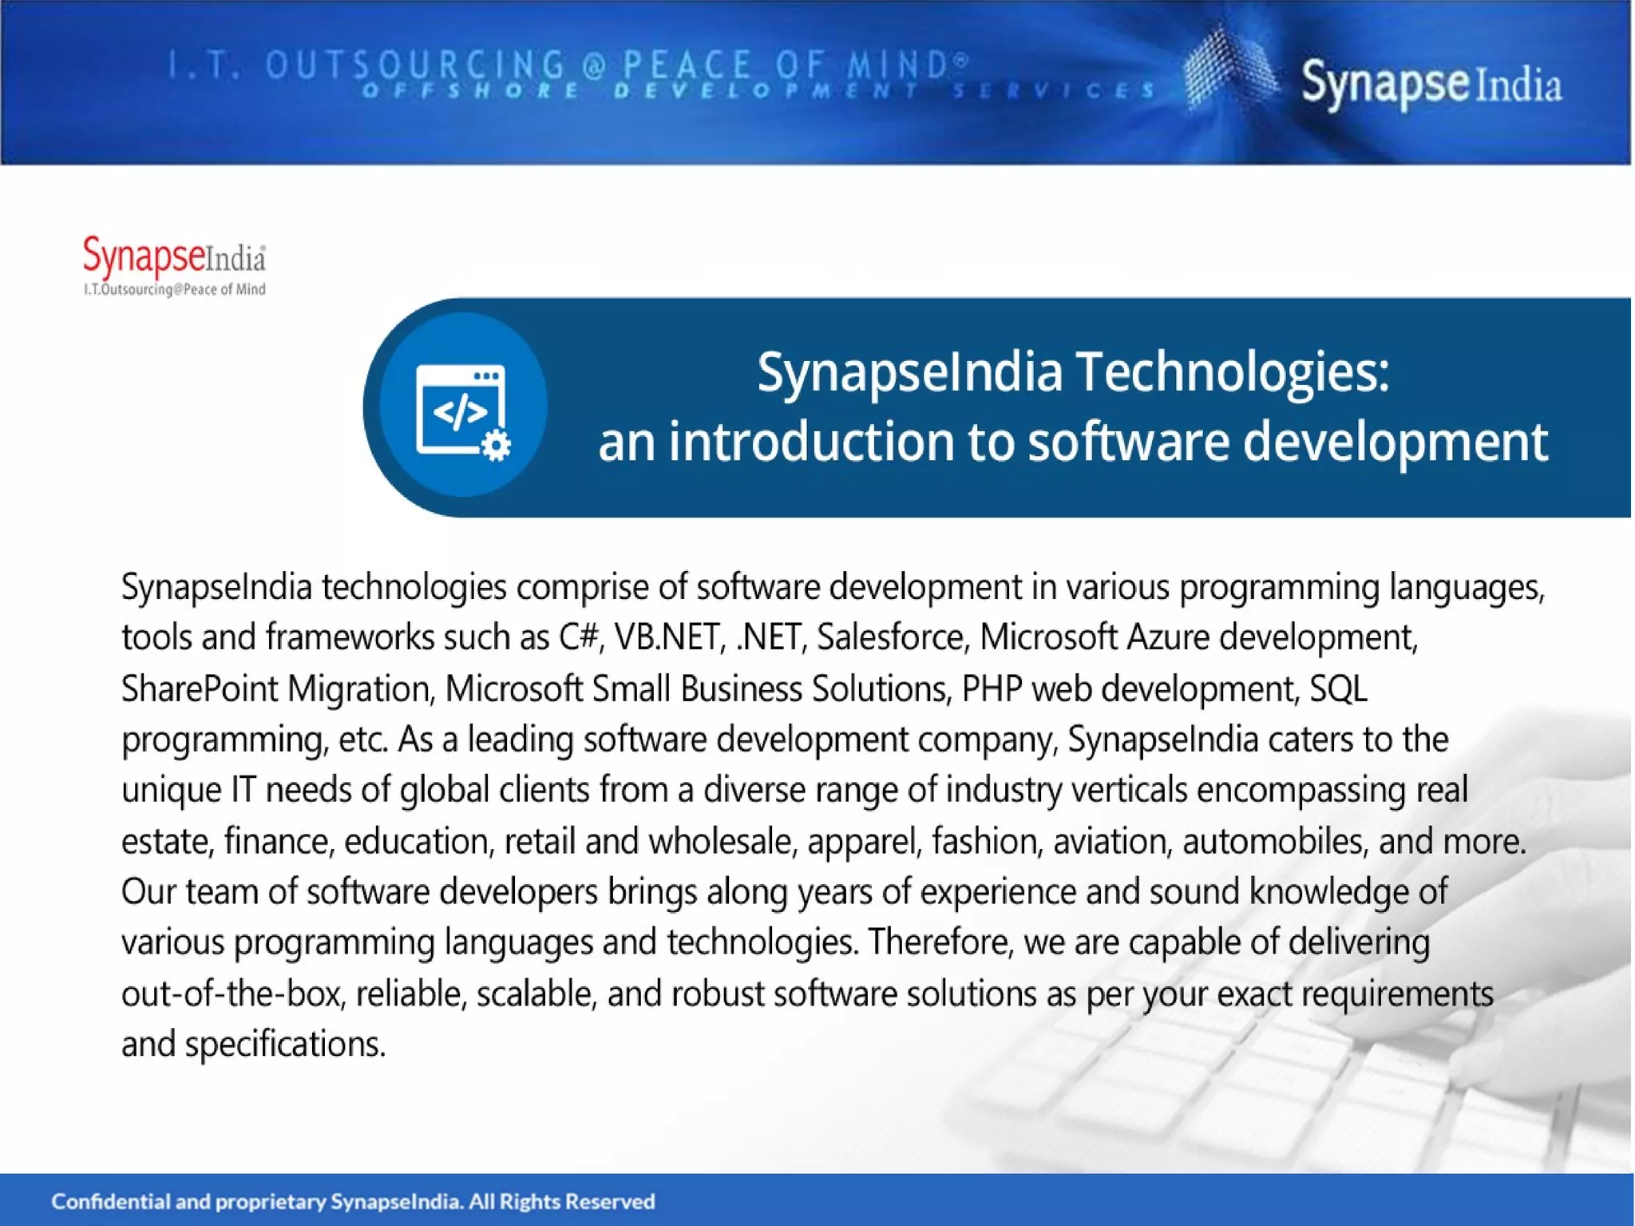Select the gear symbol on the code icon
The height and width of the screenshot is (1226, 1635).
497,445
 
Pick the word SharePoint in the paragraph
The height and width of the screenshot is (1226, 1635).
200,689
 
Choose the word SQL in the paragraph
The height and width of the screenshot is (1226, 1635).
1338,689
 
